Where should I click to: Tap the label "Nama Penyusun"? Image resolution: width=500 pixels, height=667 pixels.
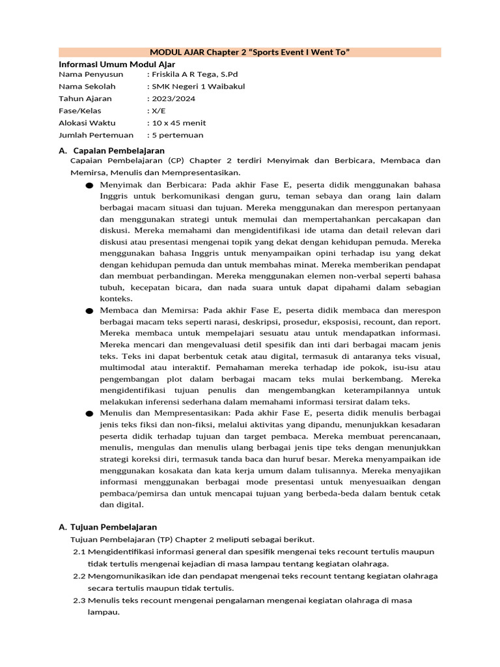pos(90,74)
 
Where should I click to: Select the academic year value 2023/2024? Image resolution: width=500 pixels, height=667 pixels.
pos(173,98)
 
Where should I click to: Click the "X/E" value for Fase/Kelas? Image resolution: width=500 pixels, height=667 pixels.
pos(160,111)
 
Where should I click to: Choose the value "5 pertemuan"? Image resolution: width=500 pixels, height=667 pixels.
pos(177,135)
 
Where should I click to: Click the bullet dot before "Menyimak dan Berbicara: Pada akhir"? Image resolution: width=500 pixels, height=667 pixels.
pos(89,186)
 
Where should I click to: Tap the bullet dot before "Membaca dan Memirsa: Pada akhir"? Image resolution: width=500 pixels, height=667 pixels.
pos(89,311)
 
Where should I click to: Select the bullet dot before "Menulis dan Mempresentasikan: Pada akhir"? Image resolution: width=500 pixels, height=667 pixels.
pos(89,414)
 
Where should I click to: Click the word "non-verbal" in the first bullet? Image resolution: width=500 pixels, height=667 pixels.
pos(360,276)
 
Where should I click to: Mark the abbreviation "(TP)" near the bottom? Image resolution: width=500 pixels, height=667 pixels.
pos(165,539)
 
